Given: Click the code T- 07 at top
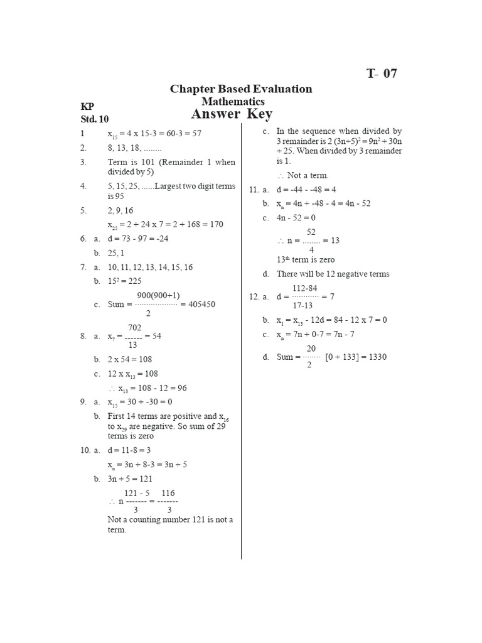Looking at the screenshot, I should tap(382, 73).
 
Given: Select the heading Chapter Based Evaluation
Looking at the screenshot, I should tap(241, 89).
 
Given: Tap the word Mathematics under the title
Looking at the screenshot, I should tap(233, 101).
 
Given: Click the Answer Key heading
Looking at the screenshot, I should tap(232, 114).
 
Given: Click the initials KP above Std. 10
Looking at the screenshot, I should tap(87, 107).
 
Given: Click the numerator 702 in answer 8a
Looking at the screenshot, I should tap(134, 328).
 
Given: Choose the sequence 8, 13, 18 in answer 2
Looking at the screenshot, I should tap(134, 148).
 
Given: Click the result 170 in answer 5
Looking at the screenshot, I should tap(215, 224).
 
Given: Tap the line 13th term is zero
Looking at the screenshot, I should tap(306, 259).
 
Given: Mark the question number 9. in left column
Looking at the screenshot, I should tap(83, 402).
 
